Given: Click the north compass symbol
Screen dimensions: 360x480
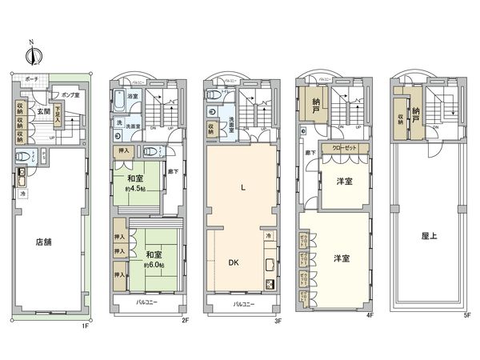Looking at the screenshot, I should [x=32, y=54].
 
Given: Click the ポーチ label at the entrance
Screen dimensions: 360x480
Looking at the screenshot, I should [x=32, y=80].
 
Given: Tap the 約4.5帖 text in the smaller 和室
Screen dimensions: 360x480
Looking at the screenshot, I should [x=134, y=190].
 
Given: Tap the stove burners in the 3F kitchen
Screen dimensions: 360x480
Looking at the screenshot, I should [x=270, y=284].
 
